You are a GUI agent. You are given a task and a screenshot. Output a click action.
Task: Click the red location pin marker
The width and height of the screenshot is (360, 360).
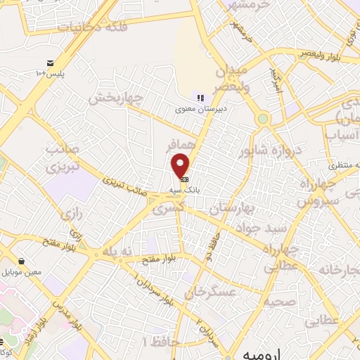click(181, 166)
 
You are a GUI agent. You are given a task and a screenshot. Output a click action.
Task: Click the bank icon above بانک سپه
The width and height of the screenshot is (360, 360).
click(184, 180)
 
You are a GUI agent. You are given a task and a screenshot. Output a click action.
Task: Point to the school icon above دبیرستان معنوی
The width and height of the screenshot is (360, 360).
click(200, 98)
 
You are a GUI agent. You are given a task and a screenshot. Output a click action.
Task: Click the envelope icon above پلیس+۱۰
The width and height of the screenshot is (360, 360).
click(50, 63)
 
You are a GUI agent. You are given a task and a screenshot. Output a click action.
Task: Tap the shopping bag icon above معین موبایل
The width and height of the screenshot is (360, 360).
click(23, 261)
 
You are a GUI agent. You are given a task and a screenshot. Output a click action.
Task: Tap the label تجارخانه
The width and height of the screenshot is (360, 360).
click(334, 269)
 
